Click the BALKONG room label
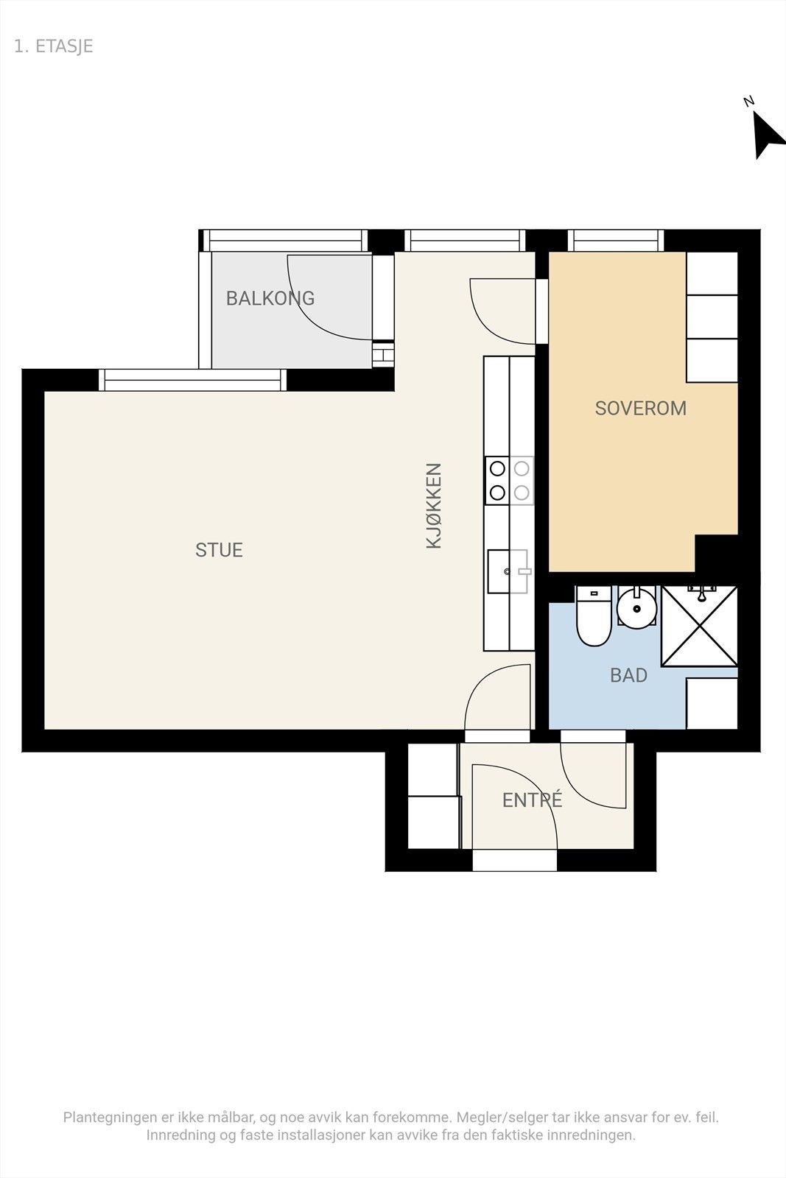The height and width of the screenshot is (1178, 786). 270,298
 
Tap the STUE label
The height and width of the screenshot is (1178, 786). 219,550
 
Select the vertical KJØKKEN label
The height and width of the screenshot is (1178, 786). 433,506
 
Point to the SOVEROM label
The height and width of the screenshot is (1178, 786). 641,409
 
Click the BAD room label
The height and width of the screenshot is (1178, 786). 628,675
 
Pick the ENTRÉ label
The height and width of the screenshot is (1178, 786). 533,800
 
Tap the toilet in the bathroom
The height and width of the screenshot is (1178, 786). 594,616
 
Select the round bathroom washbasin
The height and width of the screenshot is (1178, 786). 636,607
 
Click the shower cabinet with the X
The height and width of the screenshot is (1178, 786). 699,627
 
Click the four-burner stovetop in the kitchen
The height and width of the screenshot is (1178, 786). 509,481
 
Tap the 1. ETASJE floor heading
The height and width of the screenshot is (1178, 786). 54,46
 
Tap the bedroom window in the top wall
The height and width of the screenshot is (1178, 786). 616,240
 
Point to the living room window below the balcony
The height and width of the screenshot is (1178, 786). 192,380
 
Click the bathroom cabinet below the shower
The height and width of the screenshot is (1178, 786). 712,703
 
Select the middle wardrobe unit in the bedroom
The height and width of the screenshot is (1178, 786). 712,317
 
